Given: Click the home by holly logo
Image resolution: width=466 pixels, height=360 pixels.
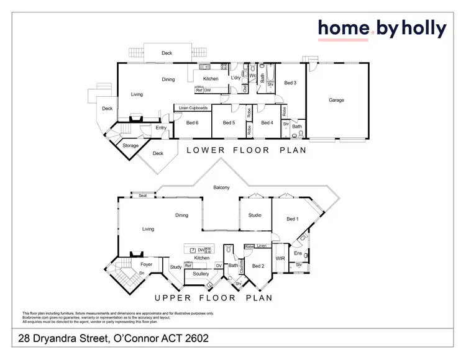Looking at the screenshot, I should [x=382, y=29].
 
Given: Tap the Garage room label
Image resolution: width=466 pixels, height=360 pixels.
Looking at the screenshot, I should [x=336, y=100].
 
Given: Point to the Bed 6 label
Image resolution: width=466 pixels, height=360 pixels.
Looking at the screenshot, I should [x=193, y=122].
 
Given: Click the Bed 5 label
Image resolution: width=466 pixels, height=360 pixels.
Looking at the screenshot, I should [x=229, y=122].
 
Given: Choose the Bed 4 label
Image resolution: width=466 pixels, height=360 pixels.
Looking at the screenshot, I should [x=267, y=122].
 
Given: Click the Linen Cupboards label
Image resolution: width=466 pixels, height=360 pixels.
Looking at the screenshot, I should [x=192, y=109].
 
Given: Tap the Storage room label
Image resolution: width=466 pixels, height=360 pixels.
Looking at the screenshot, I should [x=130, y=145].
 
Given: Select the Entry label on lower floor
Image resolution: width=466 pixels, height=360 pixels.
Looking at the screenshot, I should [x=161, y=128].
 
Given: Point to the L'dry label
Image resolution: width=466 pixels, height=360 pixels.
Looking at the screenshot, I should [x=235, y=78].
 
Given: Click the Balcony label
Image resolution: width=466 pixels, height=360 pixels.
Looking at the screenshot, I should [x=221, y=187].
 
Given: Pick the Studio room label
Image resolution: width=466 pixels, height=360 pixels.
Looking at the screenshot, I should [x=255, y=215].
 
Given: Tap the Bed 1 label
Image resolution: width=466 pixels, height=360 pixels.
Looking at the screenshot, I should [x=293, y=219].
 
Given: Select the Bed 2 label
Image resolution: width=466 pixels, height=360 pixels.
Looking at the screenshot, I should [x=258, y=266].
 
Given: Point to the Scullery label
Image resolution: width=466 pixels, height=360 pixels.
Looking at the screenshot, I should [x=201, y=273].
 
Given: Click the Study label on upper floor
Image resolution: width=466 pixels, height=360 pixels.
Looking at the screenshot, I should [x=176, y=268].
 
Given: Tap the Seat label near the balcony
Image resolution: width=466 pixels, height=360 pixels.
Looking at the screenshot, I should [x=142, y=196].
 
